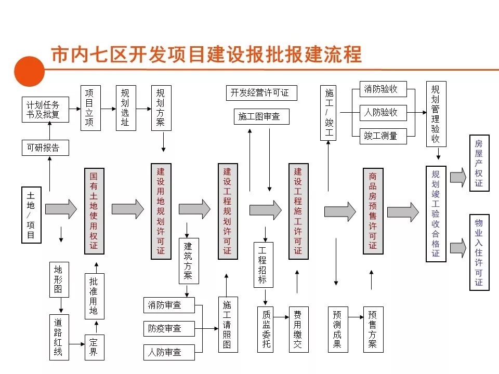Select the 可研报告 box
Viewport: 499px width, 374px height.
44,148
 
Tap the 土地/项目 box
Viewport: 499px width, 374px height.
31,215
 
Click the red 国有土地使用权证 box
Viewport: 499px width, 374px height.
94,211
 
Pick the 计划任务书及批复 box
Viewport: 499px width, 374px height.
44,110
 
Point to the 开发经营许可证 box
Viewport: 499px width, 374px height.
260,93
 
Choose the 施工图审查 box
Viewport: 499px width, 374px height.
259,116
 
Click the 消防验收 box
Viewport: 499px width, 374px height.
381,89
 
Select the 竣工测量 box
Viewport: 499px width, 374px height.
381,136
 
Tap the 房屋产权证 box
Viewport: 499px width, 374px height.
479,164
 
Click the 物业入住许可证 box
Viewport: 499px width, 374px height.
479,252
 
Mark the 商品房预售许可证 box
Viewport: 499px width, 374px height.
373,211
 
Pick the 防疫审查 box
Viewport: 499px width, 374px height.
169,328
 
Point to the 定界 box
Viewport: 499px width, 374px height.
94,348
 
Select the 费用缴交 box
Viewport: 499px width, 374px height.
298,329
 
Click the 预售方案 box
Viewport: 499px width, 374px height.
372,329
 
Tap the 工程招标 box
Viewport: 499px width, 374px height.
263,265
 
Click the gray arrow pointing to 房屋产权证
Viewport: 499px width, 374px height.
458,177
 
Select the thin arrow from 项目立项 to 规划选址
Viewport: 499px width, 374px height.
108,109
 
